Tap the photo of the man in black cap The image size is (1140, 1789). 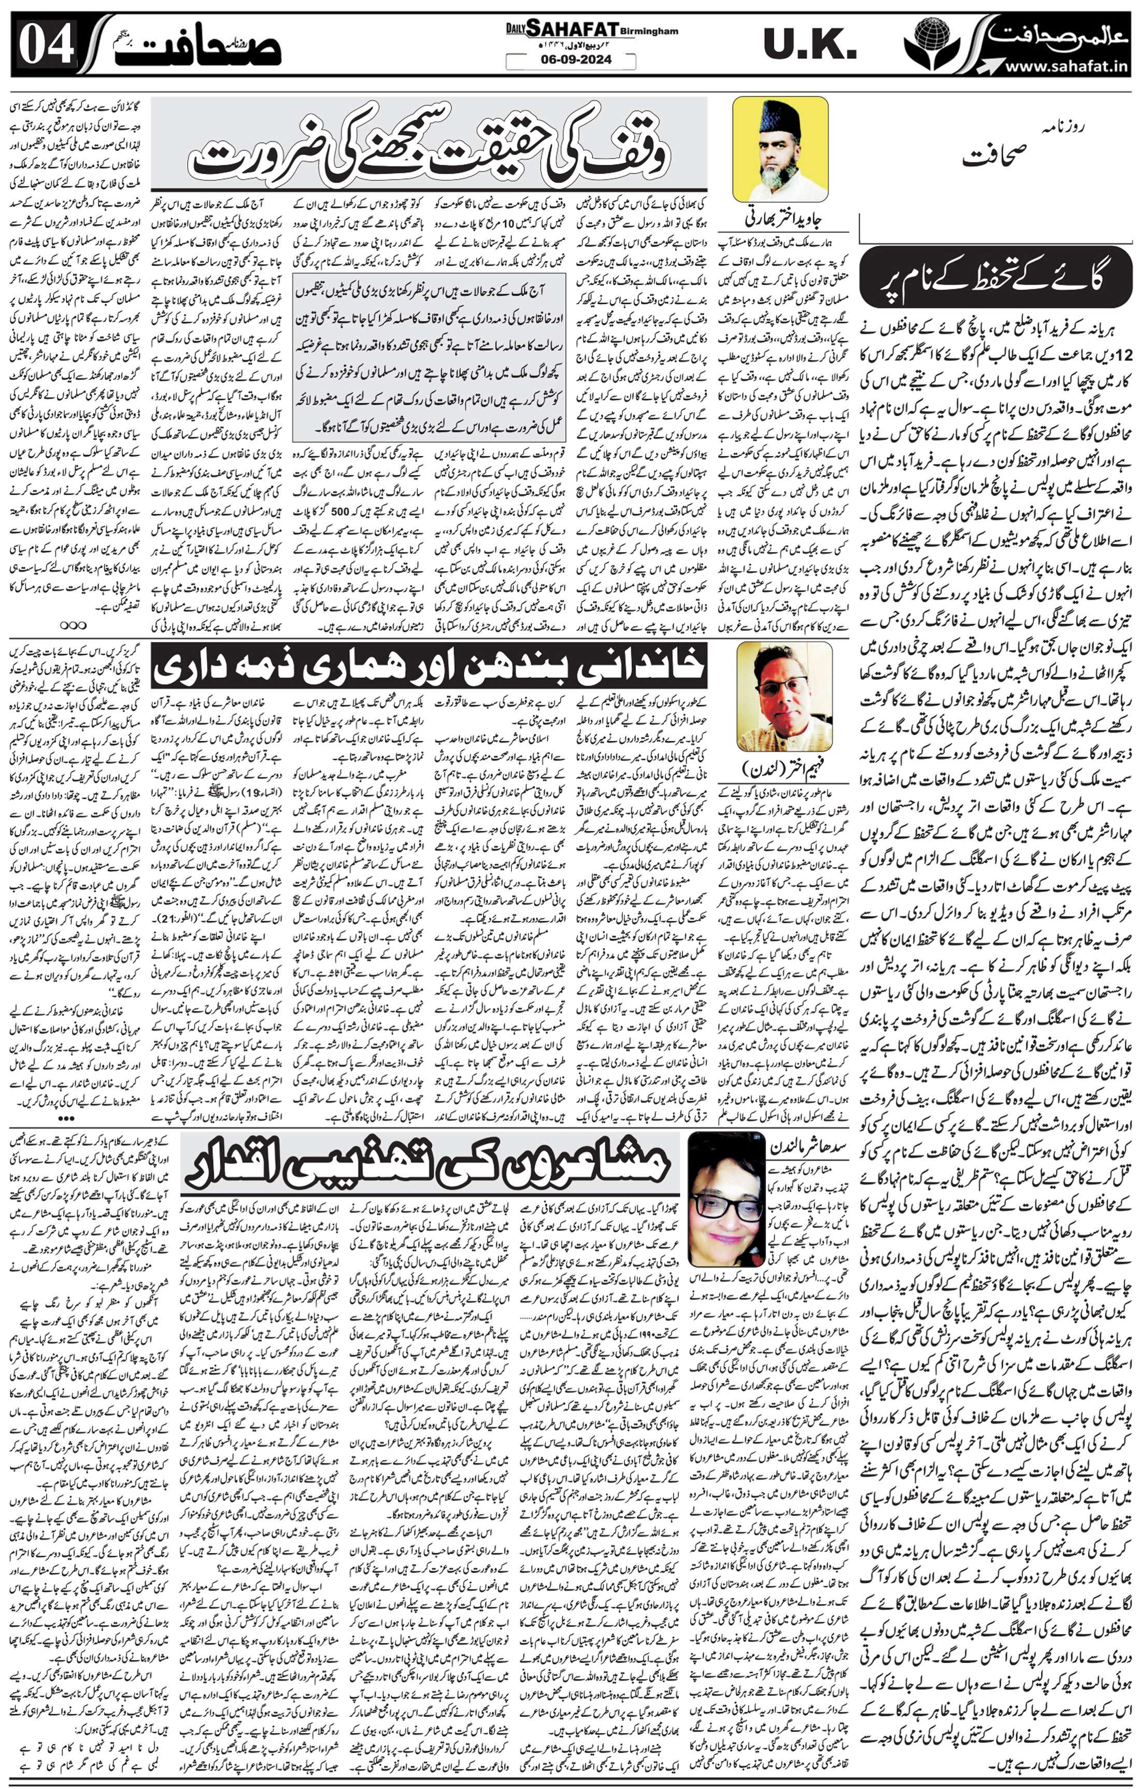click(x=780, y=149)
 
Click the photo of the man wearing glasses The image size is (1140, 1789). click(x=783, y=696)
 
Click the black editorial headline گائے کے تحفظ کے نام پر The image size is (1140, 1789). click(x=995, y=283)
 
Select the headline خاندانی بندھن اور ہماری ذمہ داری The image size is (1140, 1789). click(x=429, y=666)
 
